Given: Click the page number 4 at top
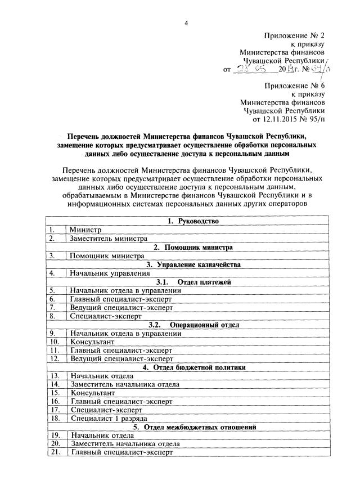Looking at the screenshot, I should click(x=186, y=22).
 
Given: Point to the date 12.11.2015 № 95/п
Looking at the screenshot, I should click(x=290, y=119).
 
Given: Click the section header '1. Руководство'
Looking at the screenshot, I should click(x=193, y=221).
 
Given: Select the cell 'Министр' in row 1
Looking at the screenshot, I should click(x=85, y=230).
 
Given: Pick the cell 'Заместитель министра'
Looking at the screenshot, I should click(x=105, y=239).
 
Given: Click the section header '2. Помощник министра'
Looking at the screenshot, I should click(x=193, y=247).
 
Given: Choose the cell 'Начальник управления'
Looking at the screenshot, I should click(x=106, y=273).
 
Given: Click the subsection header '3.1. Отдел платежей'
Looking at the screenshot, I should click(x=193, y=282).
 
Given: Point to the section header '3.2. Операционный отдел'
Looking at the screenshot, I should click(x=193, y=325).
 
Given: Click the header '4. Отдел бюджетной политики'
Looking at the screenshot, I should click(x=193, y=368).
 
